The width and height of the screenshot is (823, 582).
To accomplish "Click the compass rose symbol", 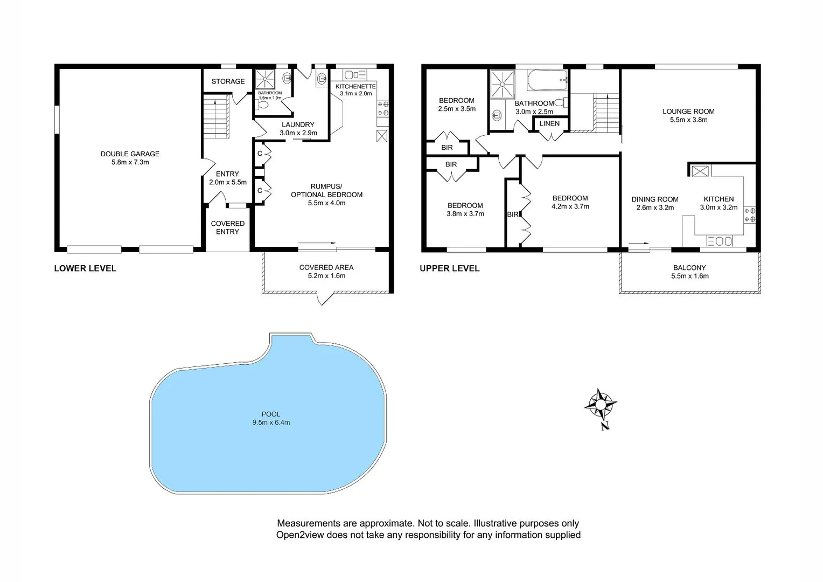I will (x=601, y=404).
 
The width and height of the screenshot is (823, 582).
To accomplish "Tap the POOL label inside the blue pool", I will (x=271, y=414).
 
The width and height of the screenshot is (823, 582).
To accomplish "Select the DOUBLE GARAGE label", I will (x=130, y=154).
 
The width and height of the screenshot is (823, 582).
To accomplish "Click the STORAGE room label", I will (x=228, y=81).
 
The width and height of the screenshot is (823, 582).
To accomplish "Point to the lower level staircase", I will (x=216, y=116).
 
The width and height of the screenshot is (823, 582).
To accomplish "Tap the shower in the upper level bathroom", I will (x=502, y=84).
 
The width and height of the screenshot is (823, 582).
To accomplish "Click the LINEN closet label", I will (x=549, y=123).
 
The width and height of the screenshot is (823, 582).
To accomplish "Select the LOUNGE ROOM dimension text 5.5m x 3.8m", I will (x=688, y=120).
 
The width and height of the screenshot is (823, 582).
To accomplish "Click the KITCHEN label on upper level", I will (x=719, y=199).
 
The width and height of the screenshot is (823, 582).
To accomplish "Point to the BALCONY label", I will (x=689, y=268).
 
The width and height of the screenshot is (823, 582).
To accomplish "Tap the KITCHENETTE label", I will (x=355, y=86).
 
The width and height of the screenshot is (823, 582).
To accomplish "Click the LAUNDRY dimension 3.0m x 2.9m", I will (x=298, y=133).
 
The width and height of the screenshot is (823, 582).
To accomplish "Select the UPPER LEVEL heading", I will (x=449, y=268).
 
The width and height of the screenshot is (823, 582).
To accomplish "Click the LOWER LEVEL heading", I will (x=85, y=268).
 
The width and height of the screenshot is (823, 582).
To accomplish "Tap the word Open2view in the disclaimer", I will (x=301, y=535).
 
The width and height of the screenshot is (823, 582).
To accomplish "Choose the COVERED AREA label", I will (x=326, y=267).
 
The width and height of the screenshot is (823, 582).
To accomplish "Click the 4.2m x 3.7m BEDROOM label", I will (x=570, y=198).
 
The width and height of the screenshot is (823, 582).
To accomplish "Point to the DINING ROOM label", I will (x=655, y=199).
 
